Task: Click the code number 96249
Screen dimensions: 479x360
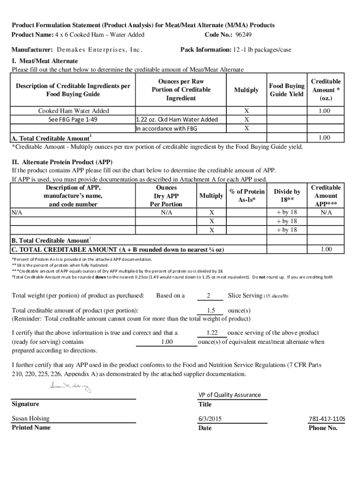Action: pyautogui.click(x=244, y=35)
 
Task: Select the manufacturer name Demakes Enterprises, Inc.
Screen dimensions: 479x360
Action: pyautogui.click(x=99, y=50)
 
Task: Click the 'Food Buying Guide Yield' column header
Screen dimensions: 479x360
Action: pyautogui.click(x=287, y=90)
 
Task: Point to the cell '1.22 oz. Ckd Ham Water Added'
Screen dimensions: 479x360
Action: pyautogui.click(x=177, y=119)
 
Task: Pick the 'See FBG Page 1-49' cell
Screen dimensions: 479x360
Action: pyautogui.click(x=73, y=119)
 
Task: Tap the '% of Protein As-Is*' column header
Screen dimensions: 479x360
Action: pyautogui.click(x=247, y=196)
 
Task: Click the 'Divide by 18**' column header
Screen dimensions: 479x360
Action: pyautogui.click(x=287, y=196)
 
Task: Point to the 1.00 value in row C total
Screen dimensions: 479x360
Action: pyautogui.click(x=326, y=249)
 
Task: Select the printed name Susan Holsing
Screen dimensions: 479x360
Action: pyautogui.click(x=30, y=419)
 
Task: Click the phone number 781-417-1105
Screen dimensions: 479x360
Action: pyautogui.click(x=326, y=419)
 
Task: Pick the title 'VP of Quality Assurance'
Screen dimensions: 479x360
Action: pyautogui.click(x=230, y=395)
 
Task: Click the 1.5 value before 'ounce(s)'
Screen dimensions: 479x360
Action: pyautogui.click(x=210, y=311)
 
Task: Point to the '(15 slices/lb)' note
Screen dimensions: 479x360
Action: pyautogui.click(x=276, y=296)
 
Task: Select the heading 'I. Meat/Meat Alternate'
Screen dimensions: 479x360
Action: pyautogui.click(x=45, y=61)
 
